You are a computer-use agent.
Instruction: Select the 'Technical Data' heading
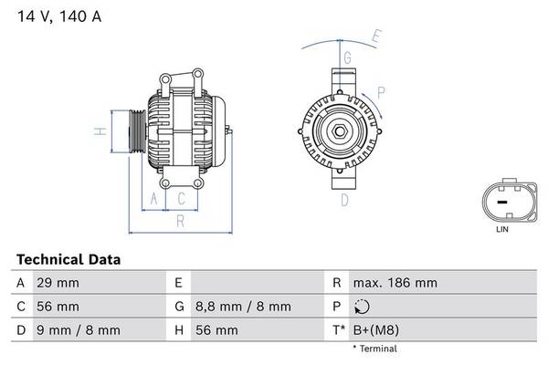(68, 260)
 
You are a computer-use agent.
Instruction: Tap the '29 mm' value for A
(57, 283)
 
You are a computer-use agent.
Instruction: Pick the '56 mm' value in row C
(57, 306)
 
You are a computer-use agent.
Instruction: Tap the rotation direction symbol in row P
(363, 306)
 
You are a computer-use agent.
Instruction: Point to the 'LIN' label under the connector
(501, 230)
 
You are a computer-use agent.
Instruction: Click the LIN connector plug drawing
(501, 200)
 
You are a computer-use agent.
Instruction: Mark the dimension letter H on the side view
(103, 133)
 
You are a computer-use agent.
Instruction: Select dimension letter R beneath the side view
(180, 220)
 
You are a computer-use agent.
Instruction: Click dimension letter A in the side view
(154, 198)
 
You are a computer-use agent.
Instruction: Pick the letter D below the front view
(344, 200)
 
